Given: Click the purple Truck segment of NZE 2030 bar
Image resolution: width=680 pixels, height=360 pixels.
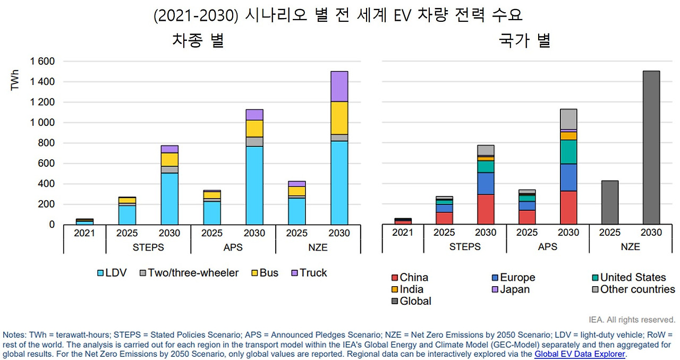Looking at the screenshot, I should pyautogui.click(x=339, y=87).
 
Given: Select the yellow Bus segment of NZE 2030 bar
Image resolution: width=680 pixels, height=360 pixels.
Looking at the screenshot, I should pyautogui.click(x=339, y=118).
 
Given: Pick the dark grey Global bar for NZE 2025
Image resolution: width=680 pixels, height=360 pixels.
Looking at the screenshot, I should pyautogui.click(x=609, y=202).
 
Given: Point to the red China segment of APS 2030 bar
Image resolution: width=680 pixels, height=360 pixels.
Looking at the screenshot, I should pyautogui.click(x=568, y=207).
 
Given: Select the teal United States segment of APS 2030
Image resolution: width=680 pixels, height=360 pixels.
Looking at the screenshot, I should pyautogui.click(x=568, y=152).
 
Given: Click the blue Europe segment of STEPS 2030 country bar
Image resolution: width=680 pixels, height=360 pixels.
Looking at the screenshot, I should pyautogui.click(x=486, y=183).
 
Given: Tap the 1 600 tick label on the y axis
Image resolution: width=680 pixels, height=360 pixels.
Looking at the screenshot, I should pyautogui.click(x=42, y=62).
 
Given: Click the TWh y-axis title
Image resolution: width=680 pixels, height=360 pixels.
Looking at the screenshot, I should pyautogui.click(x=15, y=79).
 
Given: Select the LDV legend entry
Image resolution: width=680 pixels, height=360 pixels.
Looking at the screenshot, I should pyautogui.click(x=112, y=273).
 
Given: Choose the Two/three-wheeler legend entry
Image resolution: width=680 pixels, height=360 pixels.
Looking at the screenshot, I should pyautogui.click(x=189, y=273).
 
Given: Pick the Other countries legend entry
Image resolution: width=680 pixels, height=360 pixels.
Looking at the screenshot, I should pyautogui.click(x=633, y=289).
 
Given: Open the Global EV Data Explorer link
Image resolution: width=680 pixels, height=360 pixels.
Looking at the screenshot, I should pyautogui.click(x=580, y=354).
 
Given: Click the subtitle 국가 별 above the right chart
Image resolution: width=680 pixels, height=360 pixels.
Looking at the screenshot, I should pyautogui.click(x=524, y=41).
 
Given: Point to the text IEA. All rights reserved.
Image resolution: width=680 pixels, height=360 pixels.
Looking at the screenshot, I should pyautogui.click(x=632, y=320).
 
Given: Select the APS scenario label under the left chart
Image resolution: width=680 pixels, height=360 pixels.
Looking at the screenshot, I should pyautogui.click(x=233, y=247).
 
